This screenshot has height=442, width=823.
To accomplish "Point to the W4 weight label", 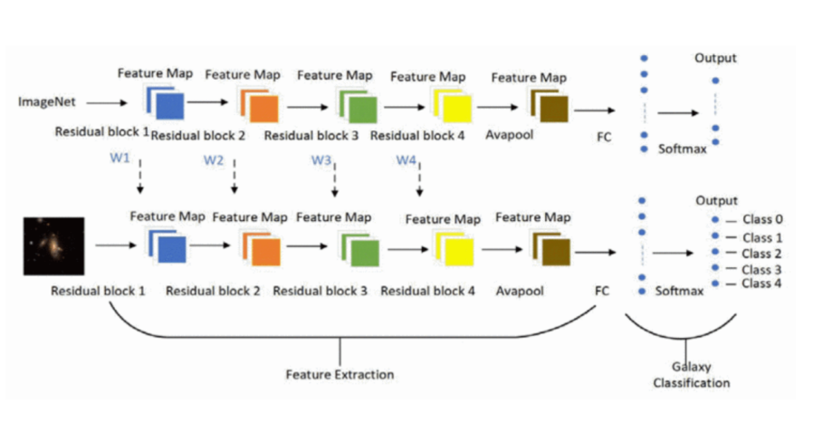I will coord(407,160).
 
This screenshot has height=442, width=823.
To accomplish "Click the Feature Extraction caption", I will coord(340,373).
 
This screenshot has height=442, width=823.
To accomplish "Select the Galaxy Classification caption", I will coord(691,375).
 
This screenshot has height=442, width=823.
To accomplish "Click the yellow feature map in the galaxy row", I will coord(453,246).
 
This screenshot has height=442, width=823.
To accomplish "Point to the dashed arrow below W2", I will coord(234,177).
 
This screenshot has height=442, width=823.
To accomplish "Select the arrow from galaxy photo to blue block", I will coord(115,245).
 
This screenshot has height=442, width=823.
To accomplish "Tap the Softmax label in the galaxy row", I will coord(678,292).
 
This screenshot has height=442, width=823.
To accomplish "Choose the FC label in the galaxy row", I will coord(601,293).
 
